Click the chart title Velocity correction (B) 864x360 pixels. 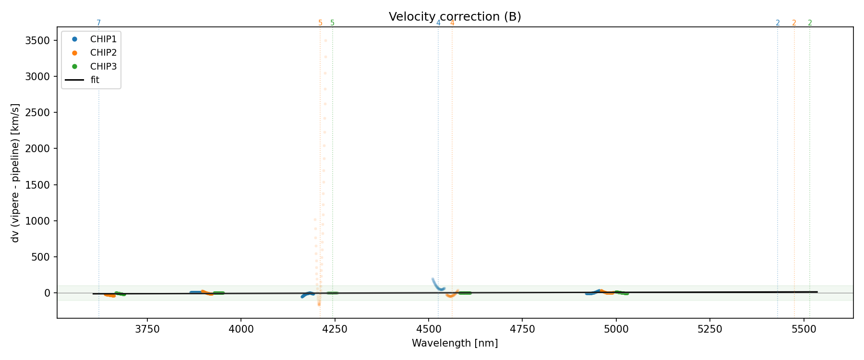coord(455,17)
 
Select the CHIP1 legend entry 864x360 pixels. coord(103,39)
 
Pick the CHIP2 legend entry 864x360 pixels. coord(103,53)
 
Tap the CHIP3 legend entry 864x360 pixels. coord(103,66)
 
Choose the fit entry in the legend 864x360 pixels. coord(95,80)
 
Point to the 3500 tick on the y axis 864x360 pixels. coord(37,40)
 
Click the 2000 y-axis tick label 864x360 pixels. coord(37,149)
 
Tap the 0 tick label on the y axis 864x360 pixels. coord(47,293)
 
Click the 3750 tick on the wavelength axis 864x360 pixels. coord(147,329)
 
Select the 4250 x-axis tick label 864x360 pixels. coord(335,329)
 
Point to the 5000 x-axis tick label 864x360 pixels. coord(616,329)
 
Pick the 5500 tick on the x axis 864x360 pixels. coord(804,329)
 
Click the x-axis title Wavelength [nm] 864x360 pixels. coord(455,343)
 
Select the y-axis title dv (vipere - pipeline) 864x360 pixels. coord(15,173)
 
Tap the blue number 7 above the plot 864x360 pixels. coord(99,23)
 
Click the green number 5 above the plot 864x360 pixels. coord(332,23)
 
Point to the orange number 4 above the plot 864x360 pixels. coord(452,23)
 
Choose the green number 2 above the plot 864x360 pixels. coord(810,23)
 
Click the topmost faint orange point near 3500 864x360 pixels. coord(325,40)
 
